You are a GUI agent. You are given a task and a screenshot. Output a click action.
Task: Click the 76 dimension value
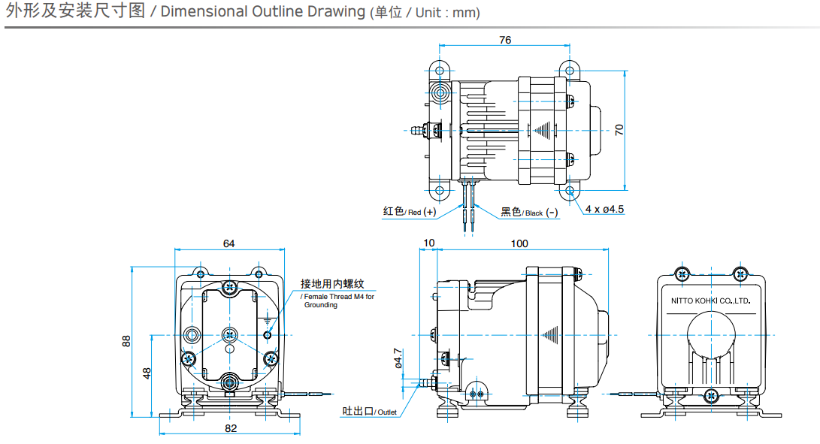click(x=504, y=40)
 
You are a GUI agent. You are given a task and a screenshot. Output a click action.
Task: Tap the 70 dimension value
click(x=619, y=129)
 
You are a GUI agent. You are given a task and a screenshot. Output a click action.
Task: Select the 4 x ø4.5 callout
click(x=605, y=209)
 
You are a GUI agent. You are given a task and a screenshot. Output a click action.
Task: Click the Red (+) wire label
click(x=409, y=212)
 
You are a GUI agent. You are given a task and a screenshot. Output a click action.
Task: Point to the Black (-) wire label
click(x=530, y=213)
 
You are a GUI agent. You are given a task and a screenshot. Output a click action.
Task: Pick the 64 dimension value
click(x=228, y=243)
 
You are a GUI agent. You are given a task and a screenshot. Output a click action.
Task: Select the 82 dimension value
click(x=231, y=428)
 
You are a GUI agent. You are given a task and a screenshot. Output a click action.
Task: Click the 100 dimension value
click(x=519, y=243)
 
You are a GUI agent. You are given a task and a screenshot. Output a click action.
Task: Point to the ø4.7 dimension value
click(x=398, y=357)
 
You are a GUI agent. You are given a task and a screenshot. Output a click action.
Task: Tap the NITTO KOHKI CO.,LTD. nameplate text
click(x=710, y=300)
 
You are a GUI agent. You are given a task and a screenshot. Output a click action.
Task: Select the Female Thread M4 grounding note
click(x=337, y=301)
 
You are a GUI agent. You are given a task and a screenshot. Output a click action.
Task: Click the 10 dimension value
click(x=429, y=243)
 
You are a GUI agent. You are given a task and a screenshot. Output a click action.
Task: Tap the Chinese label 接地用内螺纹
click(x=332, y=283)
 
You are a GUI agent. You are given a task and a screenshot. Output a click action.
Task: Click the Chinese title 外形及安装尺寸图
click(x=74, y=12)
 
